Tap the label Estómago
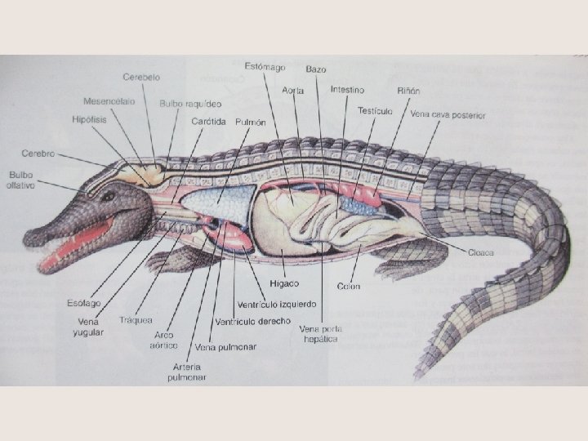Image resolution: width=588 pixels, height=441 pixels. coord(265,65)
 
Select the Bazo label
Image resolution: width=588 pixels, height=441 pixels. coord(316,69)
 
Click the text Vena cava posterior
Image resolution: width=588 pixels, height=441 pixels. coord(448,115)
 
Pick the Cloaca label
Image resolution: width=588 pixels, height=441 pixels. coord(481,252)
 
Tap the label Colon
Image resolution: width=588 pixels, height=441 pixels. coord(348,286)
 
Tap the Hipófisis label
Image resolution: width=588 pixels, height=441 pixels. coord(88,119)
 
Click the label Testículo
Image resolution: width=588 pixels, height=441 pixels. coord(375,109)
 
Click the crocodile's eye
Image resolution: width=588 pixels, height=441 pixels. coord(107,196)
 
